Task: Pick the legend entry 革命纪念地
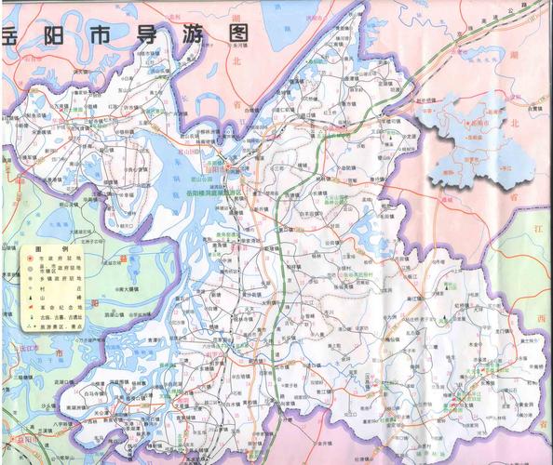[59, 306]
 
